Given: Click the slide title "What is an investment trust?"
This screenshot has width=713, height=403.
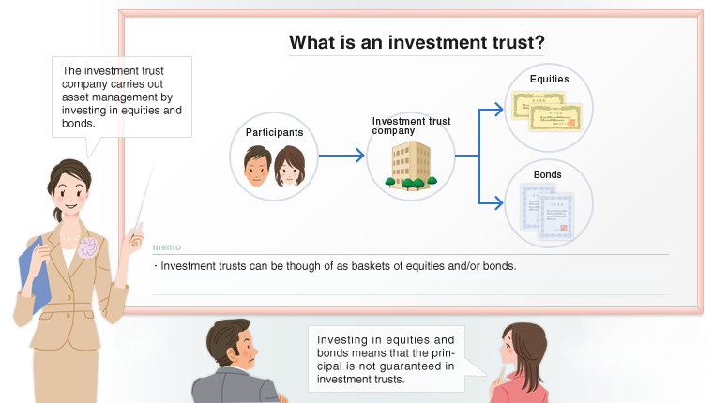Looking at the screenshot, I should pyautogui.click(x=417, y=42).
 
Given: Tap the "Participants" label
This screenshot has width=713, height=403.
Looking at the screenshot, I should pyautogui.click(x=274, y=132).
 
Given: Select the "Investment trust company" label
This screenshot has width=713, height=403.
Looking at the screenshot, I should pyautogui.click(x=411, y=126).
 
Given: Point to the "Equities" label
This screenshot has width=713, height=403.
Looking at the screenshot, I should pyautogui.click(x=549, y=79).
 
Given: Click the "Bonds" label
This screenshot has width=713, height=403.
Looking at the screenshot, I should pyautogui.click(x=548, y=175).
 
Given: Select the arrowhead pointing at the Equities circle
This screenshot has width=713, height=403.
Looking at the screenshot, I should pyautogui.click(x=498, y=110).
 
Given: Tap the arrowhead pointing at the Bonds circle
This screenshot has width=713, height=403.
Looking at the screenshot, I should pyautogui.click(x=498, y=201).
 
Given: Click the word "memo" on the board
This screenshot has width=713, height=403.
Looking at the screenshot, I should pyautogui.click(x=166, y=248).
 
